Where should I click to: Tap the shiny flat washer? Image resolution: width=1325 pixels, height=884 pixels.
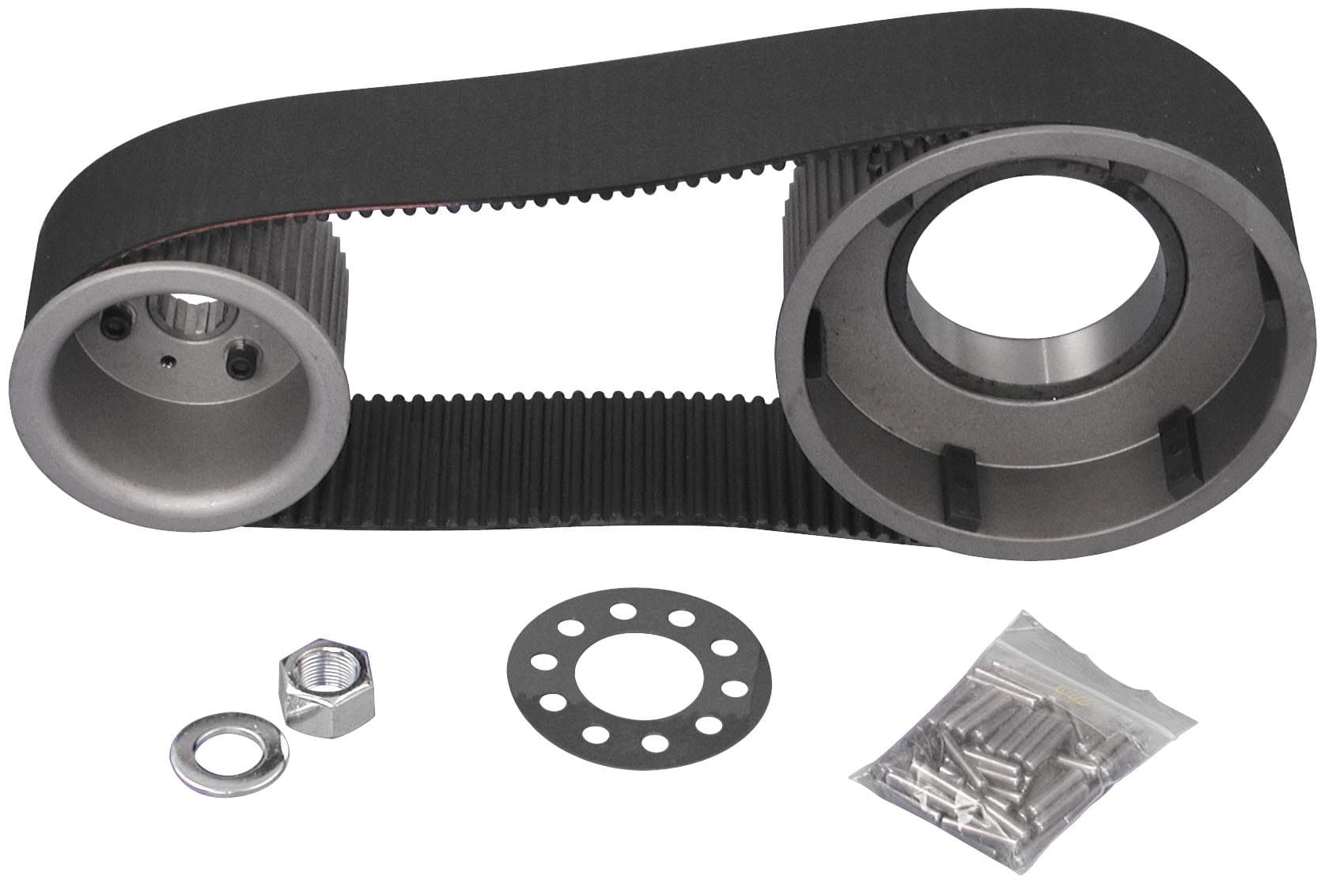coord(225,742)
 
